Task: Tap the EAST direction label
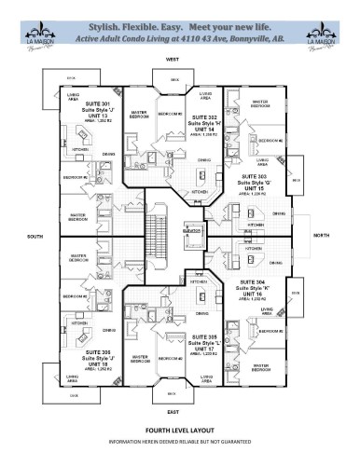(173, 411)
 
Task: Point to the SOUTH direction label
(35, 236)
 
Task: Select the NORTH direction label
(324, 236)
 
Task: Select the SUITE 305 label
(207, 336)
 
